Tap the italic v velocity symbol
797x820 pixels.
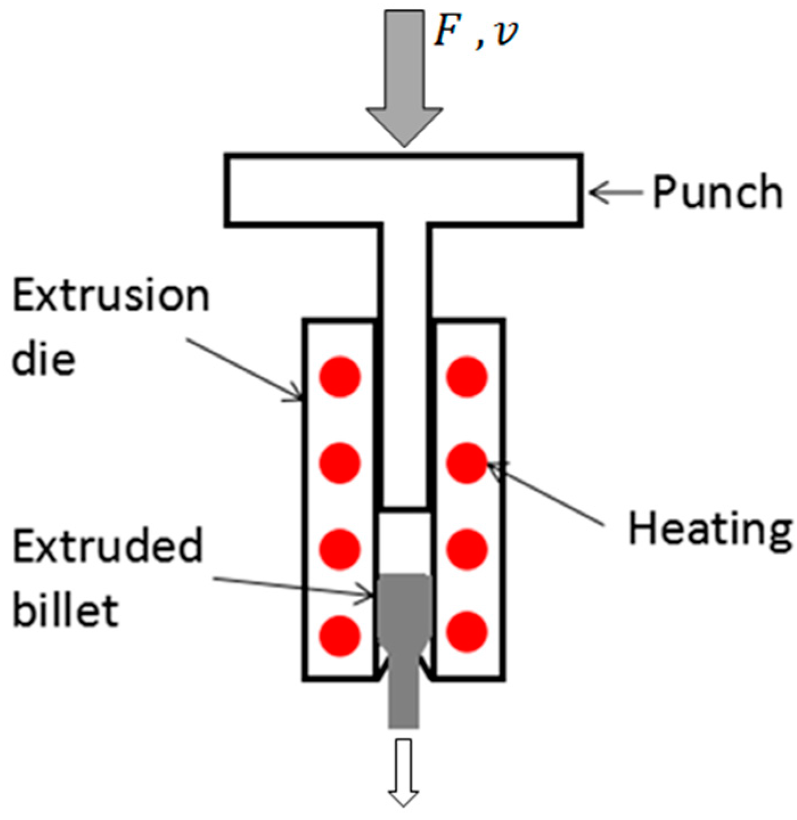[506, 35]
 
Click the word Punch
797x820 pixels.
[716, 193]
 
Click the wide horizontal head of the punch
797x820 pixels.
[404, 190]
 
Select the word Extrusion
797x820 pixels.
[111, 297]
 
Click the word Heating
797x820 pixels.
[709, 528]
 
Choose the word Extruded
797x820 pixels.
[107, 546]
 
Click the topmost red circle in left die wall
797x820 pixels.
[340, 376]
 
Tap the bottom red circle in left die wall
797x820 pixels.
[340, 634]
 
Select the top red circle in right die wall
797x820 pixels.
[467, 376]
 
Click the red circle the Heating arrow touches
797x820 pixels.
[467, 463]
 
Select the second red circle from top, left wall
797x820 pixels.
[340, 463]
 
